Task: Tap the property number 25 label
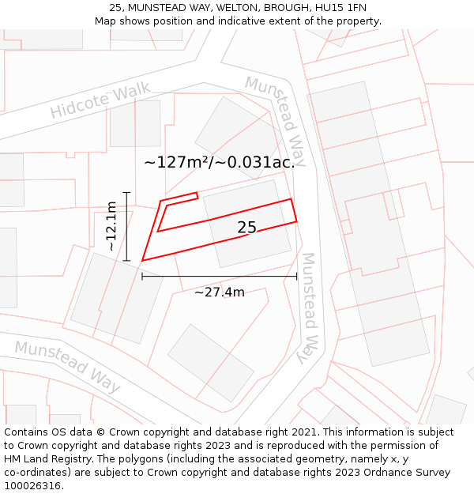[x=246, y=228]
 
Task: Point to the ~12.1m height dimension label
[x=111, y=227]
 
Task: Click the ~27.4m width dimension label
[x=220, y=292]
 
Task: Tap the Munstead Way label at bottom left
[x=68, y=366]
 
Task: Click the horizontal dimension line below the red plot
[x=219, y=277]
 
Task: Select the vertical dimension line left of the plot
[x=126, y=226]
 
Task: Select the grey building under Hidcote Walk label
[x=135, y=123]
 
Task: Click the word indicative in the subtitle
[x=240, y=21]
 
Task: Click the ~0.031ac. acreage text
[x=256, y=163]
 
